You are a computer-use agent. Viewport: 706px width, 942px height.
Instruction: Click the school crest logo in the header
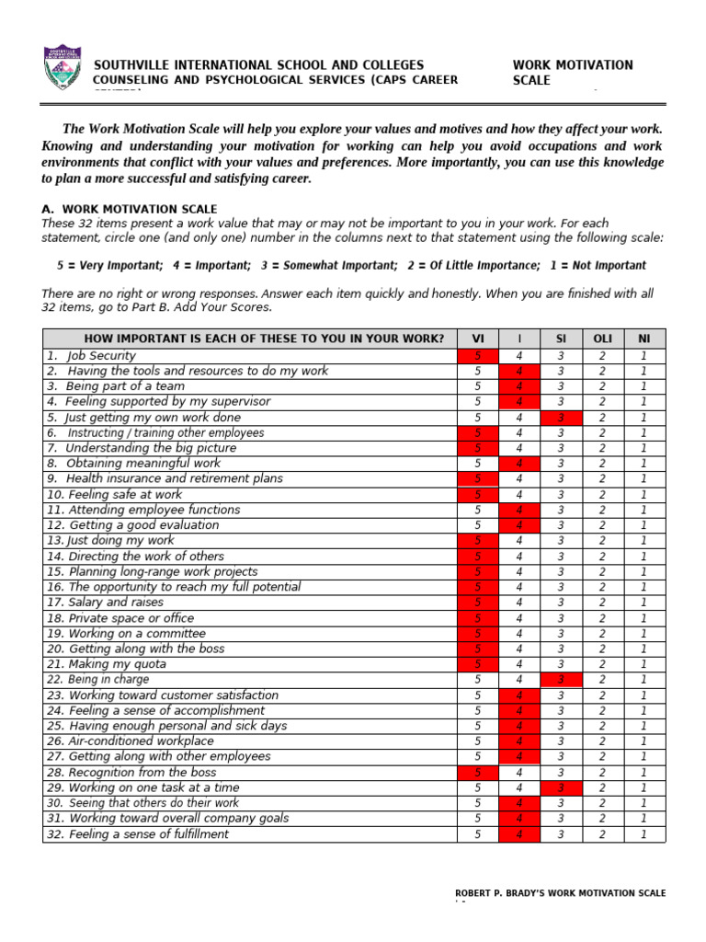(x=63, y=68)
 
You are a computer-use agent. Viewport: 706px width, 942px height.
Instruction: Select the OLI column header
(x=602, y=339)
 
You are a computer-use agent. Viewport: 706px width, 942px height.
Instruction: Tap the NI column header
(x=643, y=339)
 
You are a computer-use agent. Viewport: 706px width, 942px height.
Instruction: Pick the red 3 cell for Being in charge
(x=561, y=680)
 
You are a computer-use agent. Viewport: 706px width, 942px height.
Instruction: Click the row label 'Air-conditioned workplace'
(x=130, y=741)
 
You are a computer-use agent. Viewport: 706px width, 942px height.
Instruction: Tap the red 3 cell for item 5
(x=561, y=418)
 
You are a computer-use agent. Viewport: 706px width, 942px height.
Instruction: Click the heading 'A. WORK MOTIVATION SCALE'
(x=130, y=209)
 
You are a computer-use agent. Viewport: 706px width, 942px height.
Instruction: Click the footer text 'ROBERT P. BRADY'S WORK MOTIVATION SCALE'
(x=561, y=893)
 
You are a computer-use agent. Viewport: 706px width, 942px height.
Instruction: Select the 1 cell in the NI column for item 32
(x=643, y=834)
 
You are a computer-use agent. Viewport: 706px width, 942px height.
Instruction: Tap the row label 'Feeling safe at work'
(x=114, y=495)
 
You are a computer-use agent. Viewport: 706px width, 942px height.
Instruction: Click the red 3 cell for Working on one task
(x=561, y=788)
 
